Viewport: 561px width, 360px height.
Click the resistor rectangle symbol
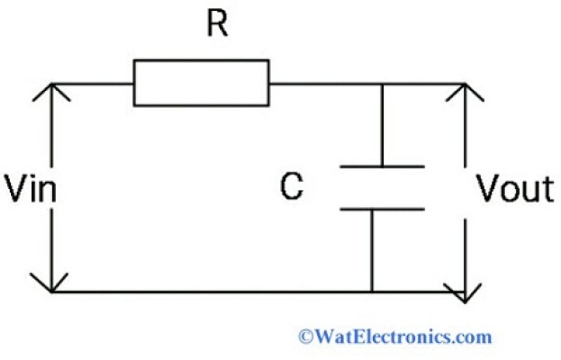point(201,83)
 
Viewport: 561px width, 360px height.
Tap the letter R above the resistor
point(216,24)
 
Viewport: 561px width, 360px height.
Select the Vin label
point(27,189)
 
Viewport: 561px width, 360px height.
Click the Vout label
point(514,189)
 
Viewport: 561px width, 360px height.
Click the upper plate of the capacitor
point(382,166)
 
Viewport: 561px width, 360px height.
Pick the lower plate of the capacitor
point(382,210)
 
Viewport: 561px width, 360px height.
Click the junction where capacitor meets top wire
point(382,84)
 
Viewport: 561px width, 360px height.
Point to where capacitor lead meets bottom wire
point(371,292)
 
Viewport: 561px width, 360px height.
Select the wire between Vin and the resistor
point(94,84)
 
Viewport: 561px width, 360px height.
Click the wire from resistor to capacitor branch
point(324,84)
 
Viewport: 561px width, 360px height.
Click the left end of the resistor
point(135,83)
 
